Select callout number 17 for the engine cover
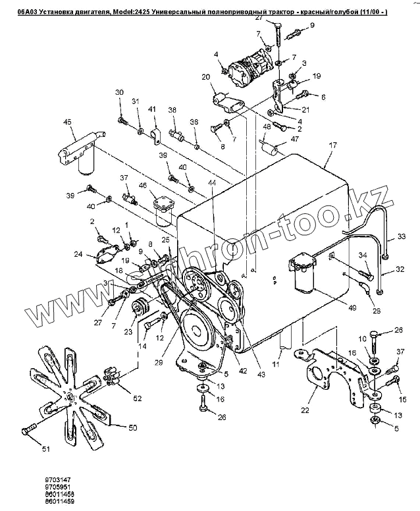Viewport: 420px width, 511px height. point(333,144)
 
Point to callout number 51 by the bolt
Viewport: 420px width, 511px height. point(28,450)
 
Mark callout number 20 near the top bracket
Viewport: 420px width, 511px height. point(206,77)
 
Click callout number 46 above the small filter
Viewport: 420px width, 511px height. point(143,186)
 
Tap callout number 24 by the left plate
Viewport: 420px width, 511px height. point(78,254)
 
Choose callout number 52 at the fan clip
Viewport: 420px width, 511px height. point(137,398)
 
